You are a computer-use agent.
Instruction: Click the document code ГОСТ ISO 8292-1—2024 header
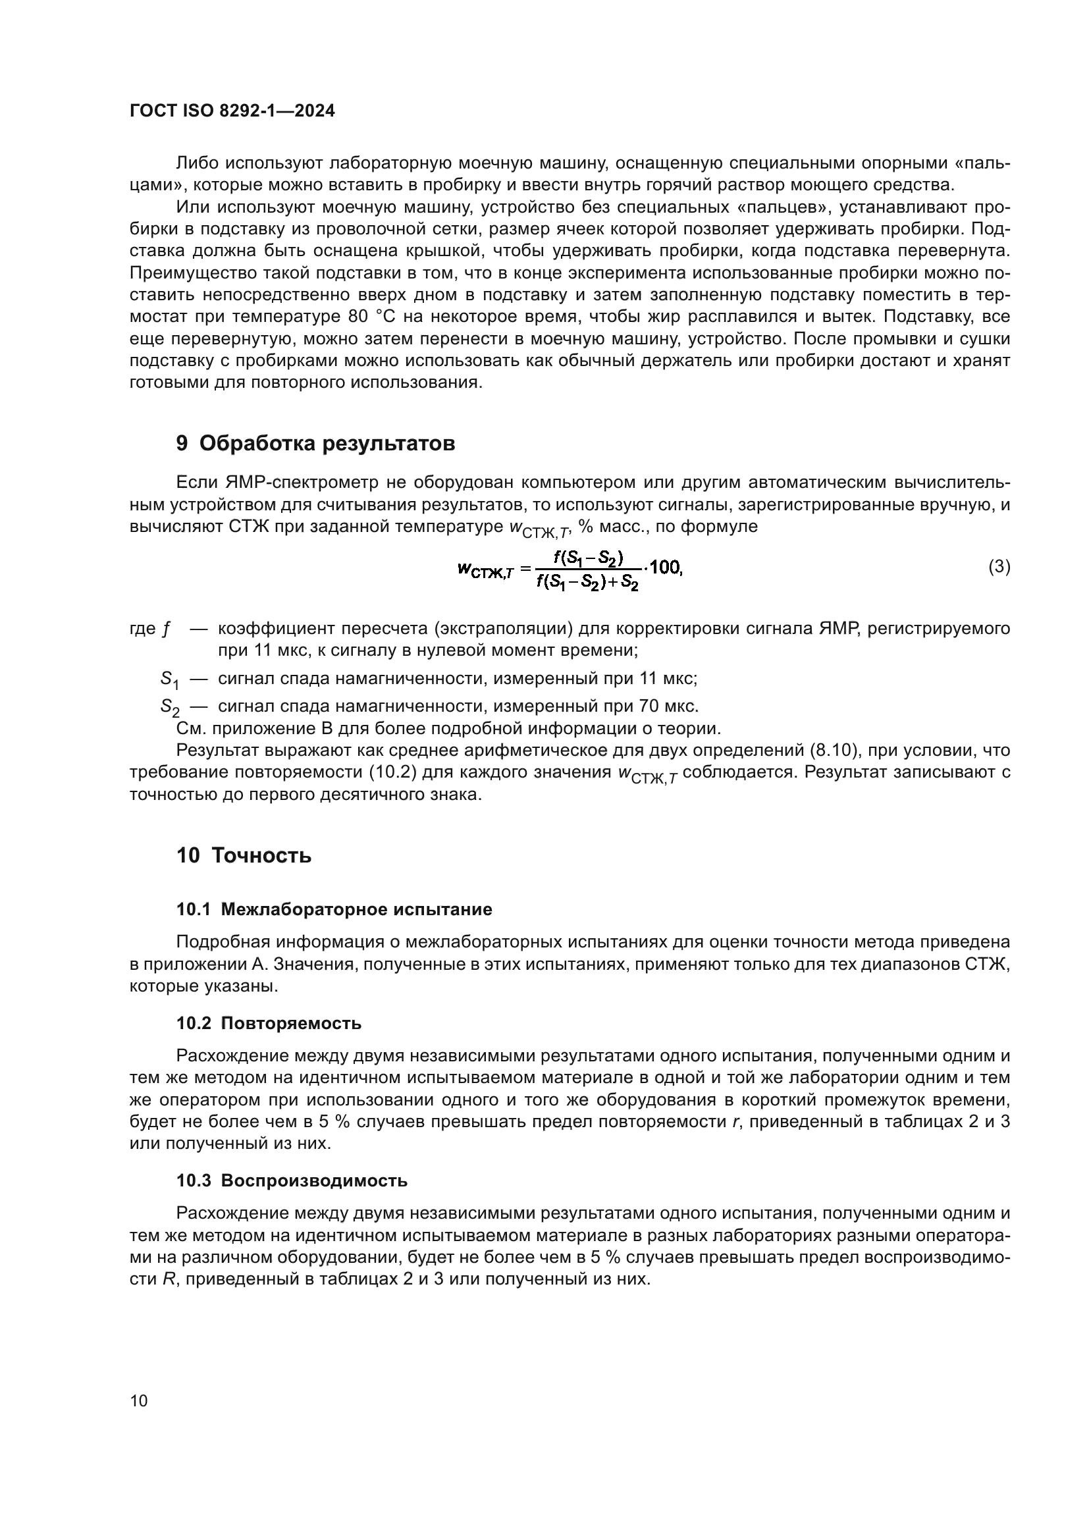click(x=232, y=111)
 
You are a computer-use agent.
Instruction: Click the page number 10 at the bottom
click(x=139, y=1400)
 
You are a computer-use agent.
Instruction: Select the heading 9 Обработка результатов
click(x=315, y=443)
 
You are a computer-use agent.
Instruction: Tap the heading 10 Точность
click(x=244, y=856)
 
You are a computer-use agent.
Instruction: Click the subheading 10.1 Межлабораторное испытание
click(x=334, y=909)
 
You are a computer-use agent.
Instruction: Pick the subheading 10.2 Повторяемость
click(x=269, y=1024)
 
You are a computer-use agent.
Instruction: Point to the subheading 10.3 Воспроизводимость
click(x=292, y=1181)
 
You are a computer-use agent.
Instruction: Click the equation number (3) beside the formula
click(x=999, y=567)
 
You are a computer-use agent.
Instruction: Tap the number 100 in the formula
click(x=665, y=568)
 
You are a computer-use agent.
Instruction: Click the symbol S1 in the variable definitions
click(x=169, y=679)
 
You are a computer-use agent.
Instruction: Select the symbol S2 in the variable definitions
click(x=169, y=706)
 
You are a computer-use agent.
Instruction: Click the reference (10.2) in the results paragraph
click(x=394, y=772)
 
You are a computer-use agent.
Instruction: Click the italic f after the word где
click(x=167, y=629)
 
